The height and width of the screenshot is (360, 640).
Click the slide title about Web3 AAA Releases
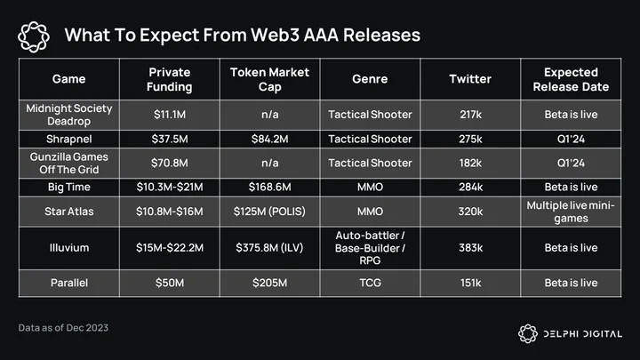click(243, 35)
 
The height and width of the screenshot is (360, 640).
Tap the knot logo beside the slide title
click(34, 36)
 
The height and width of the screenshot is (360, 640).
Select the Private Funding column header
click(170, 79)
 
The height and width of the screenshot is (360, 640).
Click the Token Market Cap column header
click(270, 79)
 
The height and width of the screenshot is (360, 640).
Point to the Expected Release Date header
click(571, 79)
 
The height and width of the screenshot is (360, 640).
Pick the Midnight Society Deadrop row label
click(69, 115)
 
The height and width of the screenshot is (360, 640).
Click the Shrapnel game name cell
click(69, 140)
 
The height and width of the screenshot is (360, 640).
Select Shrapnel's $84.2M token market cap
click(270, 140)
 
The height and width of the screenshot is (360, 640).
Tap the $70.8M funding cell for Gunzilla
click(170, 164)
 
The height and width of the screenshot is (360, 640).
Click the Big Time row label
click(69, 187)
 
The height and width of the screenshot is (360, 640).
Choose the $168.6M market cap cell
click(270, 187)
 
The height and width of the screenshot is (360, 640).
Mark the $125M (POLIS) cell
click(269, 212)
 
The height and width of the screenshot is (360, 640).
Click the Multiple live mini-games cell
click(571, 212)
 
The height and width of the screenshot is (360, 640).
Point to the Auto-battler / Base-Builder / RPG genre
click(370, 248)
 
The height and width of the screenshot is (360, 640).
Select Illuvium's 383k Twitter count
click(470, 248)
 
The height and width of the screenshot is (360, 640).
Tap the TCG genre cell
click(370, 283)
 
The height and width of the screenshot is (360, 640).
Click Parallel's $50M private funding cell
click(170, 283)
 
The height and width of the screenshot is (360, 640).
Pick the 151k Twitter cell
click(470, 283)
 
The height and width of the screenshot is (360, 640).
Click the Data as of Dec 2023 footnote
click(63, 328)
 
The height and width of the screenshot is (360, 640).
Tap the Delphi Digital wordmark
click(583, 334)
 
